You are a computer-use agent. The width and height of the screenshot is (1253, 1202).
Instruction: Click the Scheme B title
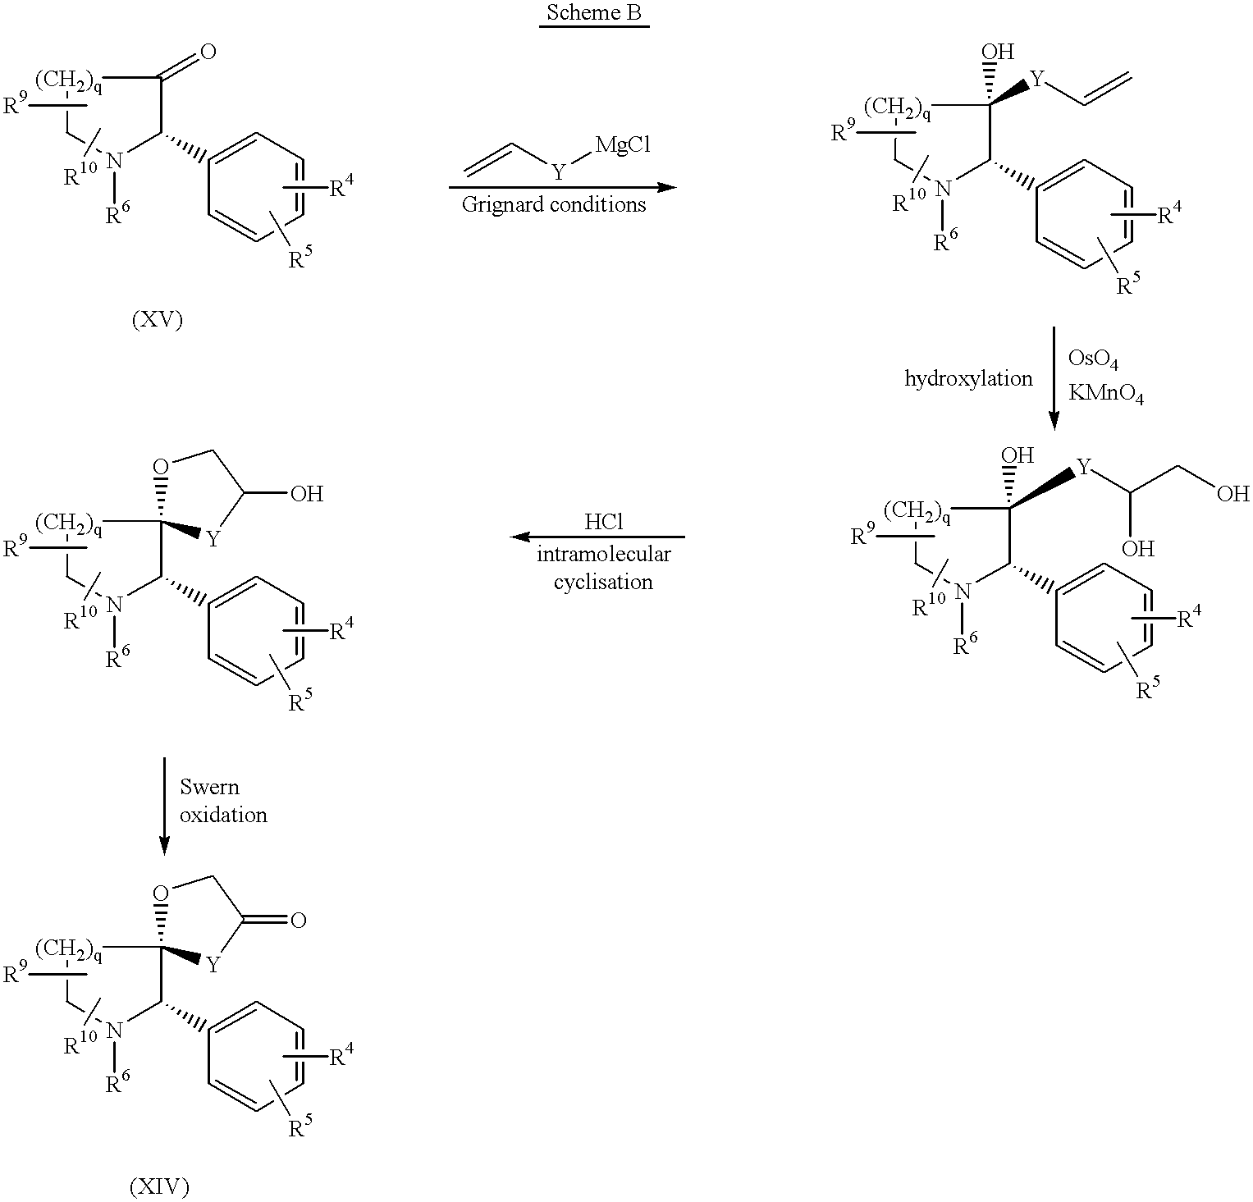tap(594, 14)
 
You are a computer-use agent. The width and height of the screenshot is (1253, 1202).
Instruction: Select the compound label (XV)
tap(157, 320)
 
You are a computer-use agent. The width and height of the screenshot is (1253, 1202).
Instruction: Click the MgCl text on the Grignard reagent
tap(623, 145)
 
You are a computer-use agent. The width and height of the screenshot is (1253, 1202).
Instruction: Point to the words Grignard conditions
tap(554, 204)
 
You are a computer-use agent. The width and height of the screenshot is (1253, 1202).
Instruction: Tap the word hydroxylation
tap(968, 378)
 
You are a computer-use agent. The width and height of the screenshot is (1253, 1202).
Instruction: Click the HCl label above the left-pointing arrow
tap(604, 522)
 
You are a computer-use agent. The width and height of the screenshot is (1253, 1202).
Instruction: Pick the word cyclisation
tap(603, 582)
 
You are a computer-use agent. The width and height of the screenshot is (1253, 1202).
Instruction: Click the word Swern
tap(210, 787)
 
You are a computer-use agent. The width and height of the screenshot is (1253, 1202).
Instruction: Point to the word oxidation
tap(223, 815)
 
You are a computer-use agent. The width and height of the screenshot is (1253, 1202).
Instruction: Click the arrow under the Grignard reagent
tap(563, 187)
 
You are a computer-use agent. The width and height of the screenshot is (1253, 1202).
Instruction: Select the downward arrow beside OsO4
tap(1054, 378)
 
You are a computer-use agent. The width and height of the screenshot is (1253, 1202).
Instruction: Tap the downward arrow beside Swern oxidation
tap(164, 806)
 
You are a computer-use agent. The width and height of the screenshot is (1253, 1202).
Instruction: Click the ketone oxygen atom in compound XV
tap(208, 52)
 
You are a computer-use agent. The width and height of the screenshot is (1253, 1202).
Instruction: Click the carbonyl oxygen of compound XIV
tap(298, 920)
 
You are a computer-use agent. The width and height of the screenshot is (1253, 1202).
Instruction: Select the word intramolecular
tap(604, 554)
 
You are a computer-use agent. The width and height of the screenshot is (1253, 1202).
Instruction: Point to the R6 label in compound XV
tap(118, 216)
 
